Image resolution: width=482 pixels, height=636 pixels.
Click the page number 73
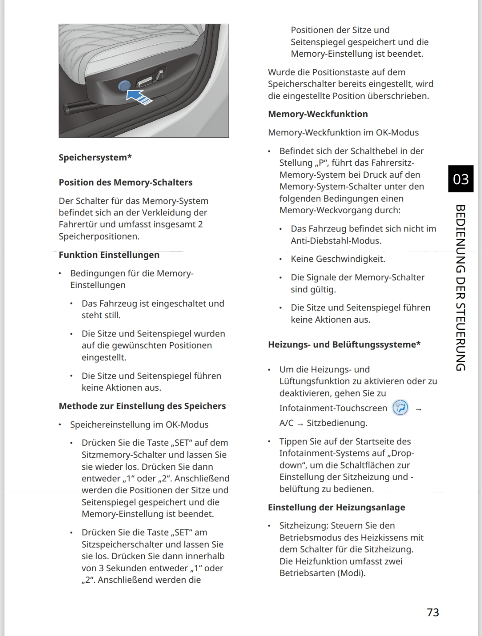click(433, 612)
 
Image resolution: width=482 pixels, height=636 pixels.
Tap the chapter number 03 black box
click(461, 179)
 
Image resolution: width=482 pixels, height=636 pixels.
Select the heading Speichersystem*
click(95, 157)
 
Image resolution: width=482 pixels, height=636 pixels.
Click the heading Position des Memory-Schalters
click(126, 182)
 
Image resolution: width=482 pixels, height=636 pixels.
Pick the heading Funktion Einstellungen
click(109, 255)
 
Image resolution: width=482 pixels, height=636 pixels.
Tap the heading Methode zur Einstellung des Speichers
click(142, 406)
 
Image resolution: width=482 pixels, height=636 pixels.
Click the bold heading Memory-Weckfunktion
click(318, 114)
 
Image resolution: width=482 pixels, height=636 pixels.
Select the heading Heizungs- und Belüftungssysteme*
click(344, 345)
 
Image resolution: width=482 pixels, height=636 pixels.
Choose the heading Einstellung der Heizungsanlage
click(336, 507)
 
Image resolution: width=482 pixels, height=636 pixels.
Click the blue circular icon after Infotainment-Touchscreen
click(400, 408)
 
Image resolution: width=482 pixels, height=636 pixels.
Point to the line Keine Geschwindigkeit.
click(338, 259)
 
